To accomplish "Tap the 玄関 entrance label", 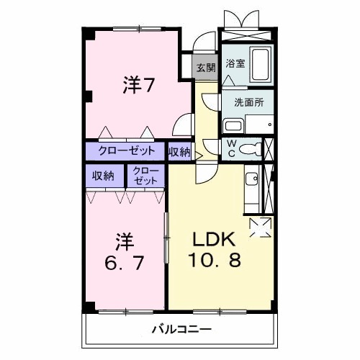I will [x=204, y=68].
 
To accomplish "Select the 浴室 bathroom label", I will [x=235, y=63].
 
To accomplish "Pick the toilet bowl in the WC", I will [x=248, y=150].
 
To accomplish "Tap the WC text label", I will [x=231, y=148].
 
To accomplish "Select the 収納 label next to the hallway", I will [x=179, y=151].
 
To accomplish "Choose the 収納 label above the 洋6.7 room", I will [x=103, y=176].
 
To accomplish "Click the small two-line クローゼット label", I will [x=145, y=176].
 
